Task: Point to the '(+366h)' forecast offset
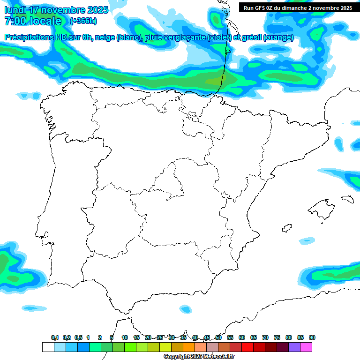[x=83, y=21]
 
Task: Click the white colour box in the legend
[x=48, y=347]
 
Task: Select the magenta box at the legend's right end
[x=306, y=347]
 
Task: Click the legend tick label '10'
[x=125, y=337]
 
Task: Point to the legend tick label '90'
[x=312, y=337]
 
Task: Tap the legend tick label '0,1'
[x=55, y=337]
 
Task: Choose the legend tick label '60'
[x=242, y=337]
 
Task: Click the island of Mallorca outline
[x=321, y=207]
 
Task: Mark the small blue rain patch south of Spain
[x=186, y=309]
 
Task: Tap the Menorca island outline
[x=347, y=199]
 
